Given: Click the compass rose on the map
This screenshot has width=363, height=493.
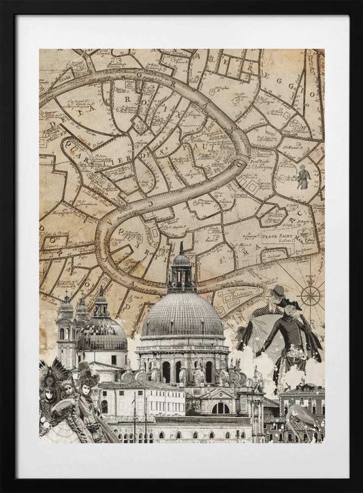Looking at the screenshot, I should coord(311,295).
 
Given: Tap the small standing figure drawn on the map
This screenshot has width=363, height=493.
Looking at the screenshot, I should coord(303,177).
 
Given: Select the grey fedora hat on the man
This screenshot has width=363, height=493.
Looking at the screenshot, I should coord(277,291).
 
